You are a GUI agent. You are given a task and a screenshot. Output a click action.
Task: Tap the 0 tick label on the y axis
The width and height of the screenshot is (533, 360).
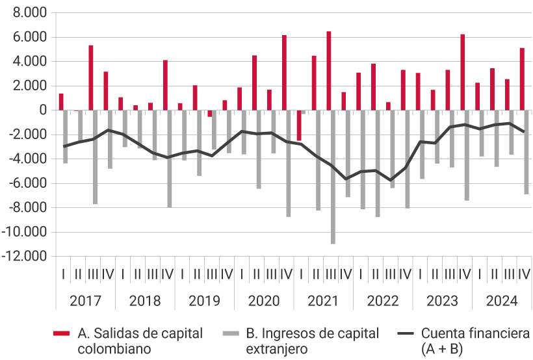click(44, 110)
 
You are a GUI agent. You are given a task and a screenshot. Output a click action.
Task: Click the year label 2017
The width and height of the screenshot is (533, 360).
click(84, 302)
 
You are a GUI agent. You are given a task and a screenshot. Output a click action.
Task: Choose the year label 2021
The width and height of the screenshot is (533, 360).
click(323, 302)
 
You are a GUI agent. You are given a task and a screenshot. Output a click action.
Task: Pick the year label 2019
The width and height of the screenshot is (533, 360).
click(203, 302)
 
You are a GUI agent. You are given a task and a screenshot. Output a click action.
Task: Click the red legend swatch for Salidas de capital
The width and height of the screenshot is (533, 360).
click(61, 334)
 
